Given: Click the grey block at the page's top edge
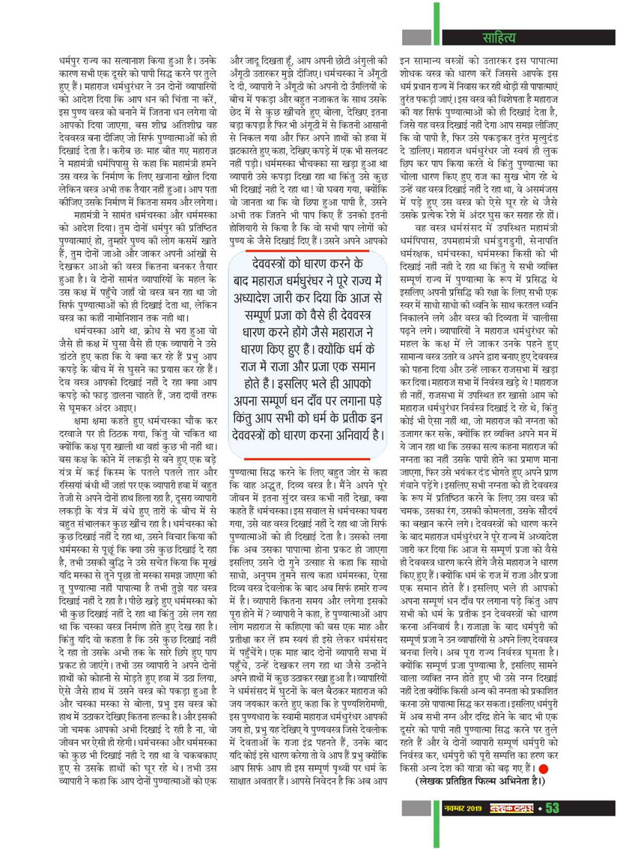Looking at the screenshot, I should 412,6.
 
